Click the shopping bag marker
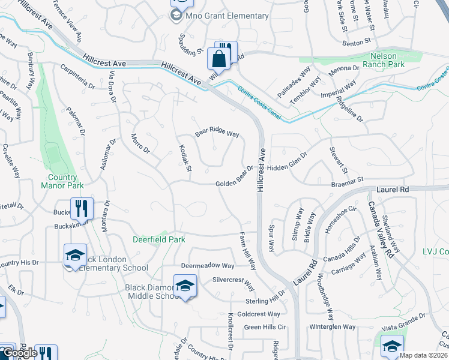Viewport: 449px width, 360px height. point(217,59)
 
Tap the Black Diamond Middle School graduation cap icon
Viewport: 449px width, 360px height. point(185,285)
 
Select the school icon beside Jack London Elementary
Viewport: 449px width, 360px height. point(76,255)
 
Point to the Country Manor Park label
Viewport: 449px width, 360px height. point(63,181)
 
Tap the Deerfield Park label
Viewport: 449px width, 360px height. point(159,239)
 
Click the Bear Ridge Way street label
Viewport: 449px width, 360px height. point(217,134)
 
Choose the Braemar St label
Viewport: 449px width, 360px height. point(348,179)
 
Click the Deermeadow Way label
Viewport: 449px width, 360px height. point(208,265)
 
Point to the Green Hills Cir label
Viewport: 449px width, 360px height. point(267,327)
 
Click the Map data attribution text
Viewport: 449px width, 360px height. point(424,355)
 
